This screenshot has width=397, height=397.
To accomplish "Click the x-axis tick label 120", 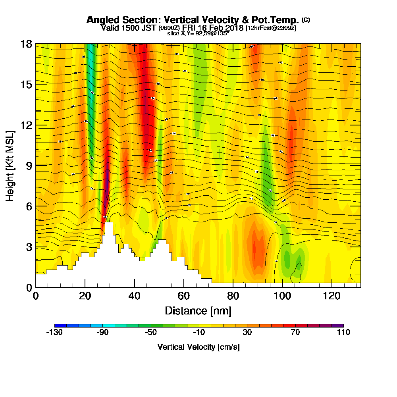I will pos(331,296).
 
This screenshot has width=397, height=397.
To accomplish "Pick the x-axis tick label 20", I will pos(85,296).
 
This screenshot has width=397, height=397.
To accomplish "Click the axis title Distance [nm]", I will pos(198,310).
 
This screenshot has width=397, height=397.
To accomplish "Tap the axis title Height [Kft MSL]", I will pos(10,165).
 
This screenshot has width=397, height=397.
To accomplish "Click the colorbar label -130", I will pos(54,333).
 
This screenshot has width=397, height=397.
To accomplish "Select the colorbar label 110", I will pos(343,333).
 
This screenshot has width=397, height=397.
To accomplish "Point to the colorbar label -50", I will pos(151,333).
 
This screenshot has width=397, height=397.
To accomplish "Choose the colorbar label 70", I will pos(295,333).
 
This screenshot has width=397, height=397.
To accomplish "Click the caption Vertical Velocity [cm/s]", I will pos(198,347).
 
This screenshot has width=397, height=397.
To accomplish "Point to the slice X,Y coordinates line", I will pos(198,33).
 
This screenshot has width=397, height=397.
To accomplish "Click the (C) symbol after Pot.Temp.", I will pos(306,19).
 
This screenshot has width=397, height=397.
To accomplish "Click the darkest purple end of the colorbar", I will pos(340,326).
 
